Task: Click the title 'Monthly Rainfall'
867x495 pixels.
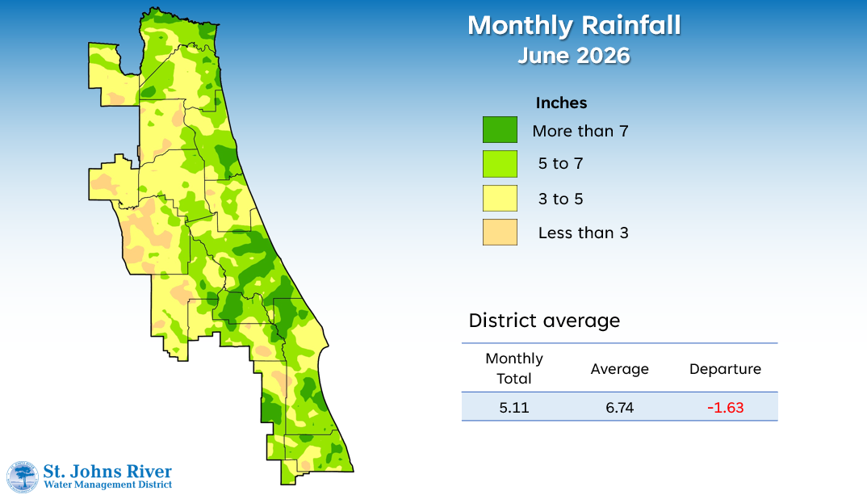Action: click(574, 26)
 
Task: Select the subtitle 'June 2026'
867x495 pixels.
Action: click(574, 56)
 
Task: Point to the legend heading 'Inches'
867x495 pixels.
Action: click(561, 103)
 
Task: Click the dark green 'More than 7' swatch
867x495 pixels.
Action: click(500, 129)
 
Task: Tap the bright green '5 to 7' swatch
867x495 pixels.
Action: click(500, 164)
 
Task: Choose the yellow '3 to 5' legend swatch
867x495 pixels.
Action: click(500, 198)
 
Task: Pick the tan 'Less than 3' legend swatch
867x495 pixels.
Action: click(500, 233)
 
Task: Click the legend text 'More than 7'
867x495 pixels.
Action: click(580, 131)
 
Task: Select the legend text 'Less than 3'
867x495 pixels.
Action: click(584, 233)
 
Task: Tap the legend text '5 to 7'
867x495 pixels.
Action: click(561, 164)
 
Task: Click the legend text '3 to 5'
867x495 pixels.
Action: click(561, 199)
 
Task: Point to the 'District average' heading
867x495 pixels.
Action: click(544, 321)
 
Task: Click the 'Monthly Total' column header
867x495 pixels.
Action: click(514, 368)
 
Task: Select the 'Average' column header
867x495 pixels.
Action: click(619, 369)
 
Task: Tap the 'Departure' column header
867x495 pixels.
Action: click(725, 369)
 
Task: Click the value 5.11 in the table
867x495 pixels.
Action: click(514, 408)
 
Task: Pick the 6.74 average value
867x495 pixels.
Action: click(619, 408)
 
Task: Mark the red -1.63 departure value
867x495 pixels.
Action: click(726, 408)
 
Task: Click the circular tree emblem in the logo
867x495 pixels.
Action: click(22, 476)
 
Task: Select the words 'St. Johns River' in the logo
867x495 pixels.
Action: click(107, 472)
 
